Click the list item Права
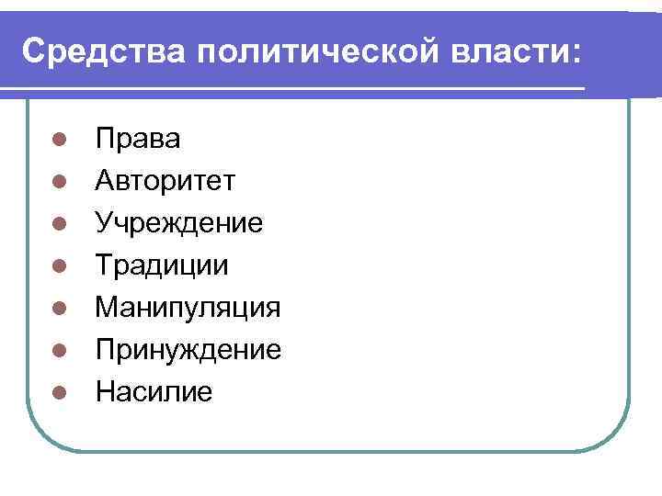(x=138, y=139)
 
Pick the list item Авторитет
(x=165, y=181)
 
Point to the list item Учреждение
(x=179, y=223)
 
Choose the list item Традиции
(x=163, y=265)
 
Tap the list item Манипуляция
(x=188, y=308)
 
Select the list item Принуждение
(x=188, y=350)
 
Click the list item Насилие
(x=154, y=392)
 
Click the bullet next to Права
(x=57, y=141)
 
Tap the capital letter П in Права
(x=105, y=139)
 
